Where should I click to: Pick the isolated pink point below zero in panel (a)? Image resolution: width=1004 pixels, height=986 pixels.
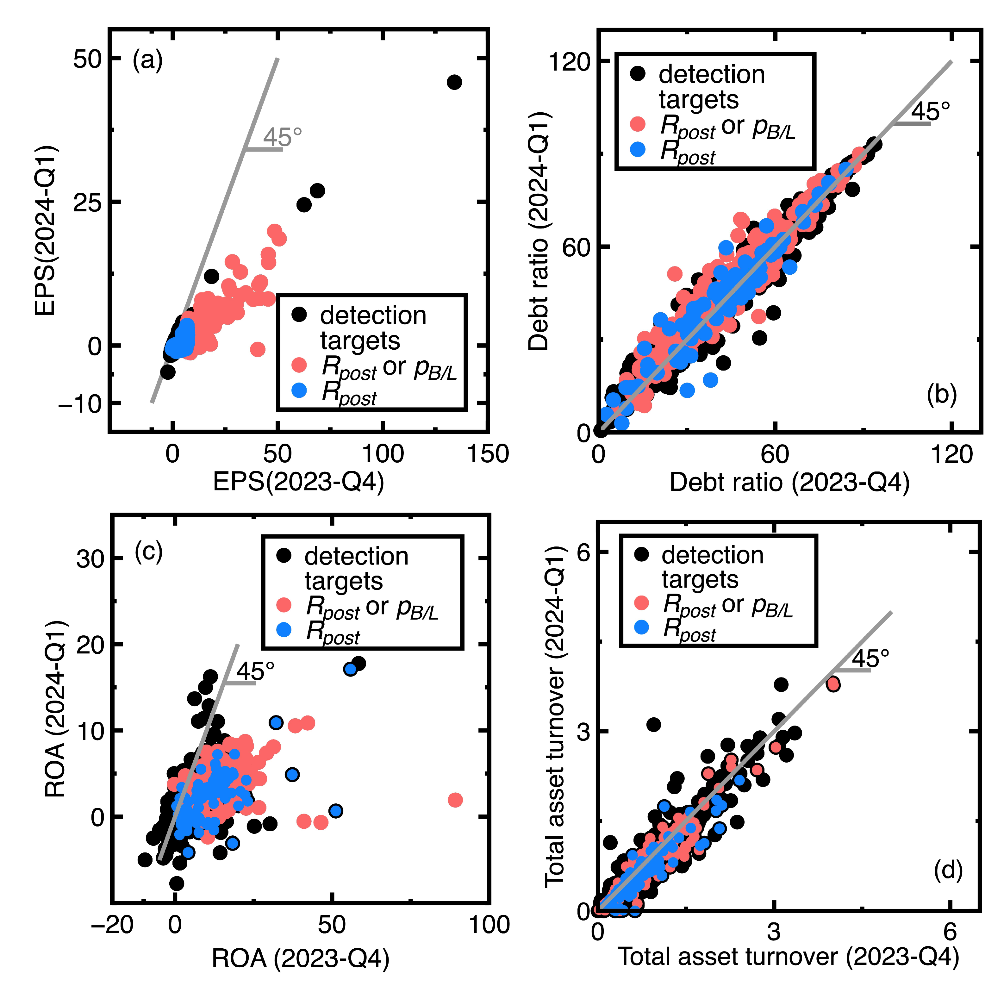point(257,349)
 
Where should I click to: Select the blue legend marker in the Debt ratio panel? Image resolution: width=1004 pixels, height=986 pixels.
point(638,149)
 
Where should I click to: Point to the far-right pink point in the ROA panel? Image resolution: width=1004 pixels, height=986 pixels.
point(455,800)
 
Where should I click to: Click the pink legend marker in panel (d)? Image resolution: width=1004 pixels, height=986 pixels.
point(641,603)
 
